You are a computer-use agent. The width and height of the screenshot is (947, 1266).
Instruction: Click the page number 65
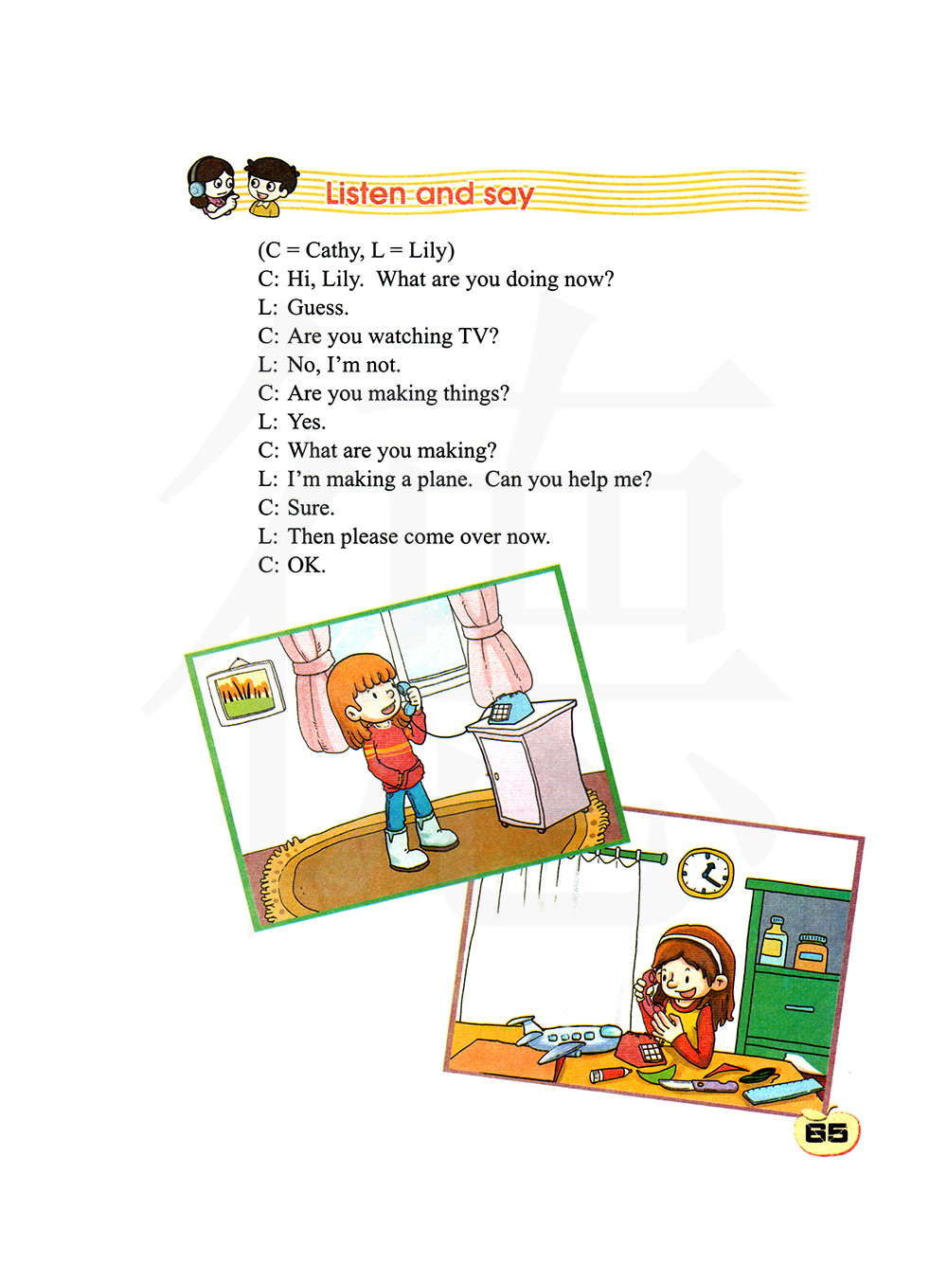coord(826,1132)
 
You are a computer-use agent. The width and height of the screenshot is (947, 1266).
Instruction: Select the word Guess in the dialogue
coord(317,307)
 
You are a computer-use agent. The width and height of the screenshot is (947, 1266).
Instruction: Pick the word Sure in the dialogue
coord(310,508)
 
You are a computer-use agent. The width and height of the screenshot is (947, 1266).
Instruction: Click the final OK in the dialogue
coord(306,565)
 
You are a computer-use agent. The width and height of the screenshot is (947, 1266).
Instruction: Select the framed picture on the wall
coord(246,692)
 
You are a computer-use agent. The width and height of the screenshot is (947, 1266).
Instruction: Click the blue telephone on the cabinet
coord(509,708)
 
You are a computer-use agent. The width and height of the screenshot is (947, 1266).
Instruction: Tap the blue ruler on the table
coord(783,1090)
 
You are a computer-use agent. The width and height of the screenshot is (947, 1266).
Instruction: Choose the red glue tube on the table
coord(610,1075)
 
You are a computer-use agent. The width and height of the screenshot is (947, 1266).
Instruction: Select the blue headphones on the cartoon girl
coord(198,186)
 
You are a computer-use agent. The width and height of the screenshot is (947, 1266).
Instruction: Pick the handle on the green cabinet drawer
coord(799,1007)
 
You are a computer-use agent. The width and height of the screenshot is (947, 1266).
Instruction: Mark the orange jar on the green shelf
coord(811,952)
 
